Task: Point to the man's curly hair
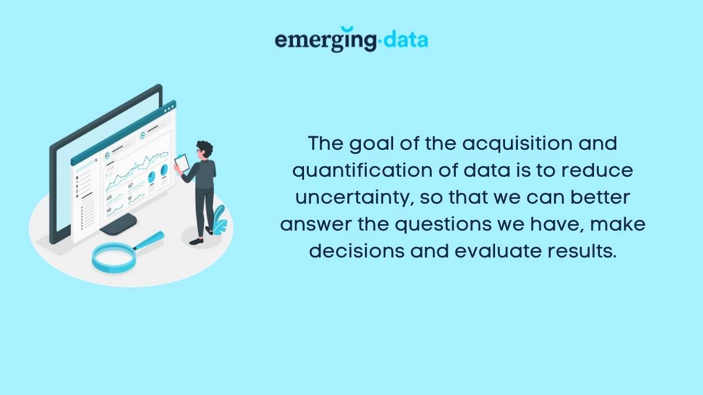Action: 204,147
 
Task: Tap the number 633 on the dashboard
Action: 110,197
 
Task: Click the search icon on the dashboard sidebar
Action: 95,159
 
